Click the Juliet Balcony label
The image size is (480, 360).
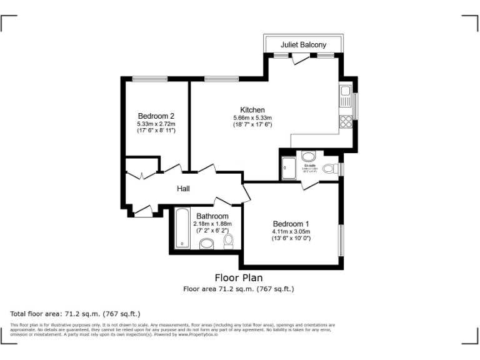(303, 45)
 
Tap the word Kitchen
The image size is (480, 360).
(252, 110)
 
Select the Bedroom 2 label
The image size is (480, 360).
(156, 116)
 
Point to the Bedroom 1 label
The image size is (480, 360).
(291, 224)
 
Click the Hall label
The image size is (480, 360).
(182, 189)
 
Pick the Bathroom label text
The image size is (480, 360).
(212, 216)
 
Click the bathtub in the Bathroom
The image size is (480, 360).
(181, 229)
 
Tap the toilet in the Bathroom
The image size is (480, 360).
(228, 241)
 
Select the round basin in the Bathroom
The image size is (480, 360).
(207, 244)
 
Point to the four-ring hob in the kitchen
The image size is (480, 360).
(346, 120)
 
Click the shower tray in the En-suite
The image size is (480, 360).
(289, 168)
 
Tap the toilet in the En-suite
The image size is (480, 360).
(309, 156)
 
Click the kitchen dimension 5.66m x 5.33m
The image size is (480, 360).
(252, 118)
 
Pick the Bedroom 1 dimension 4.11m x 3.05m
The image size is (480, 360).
(291, 232)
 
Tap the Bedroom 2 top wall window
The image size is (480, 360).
(149, 78)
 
